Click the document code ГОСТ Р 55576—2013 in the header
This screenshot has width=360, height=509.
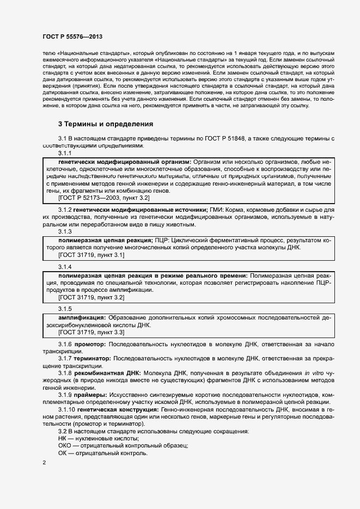[x=72, y=36]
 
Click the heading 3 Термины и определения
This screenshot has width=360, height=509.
[x=106, y=124]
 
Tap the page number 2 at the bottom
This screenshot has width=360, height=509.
[x=44, y=463]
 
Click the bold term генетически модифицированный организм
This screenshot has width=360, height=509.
[x=124, y=162]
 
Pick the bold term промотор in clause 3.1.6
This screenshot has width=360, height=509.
[x=90, y=345]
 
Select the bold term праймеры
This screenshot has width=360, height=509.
[x=90, y=395]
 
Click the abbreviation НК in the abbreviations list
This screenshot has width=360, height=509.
[x=63, y=438]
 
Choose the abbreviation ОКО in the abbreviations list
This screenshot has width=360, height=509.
[x=65, y=445]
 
